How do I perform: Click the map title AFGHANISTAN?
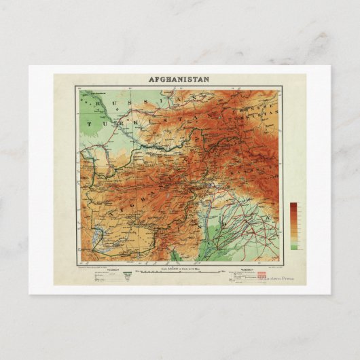click(179, 79)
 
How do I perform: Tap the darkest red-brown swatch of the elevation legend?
click(293, 206)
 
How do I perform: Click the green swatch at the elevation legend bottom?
click(293, 247)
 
